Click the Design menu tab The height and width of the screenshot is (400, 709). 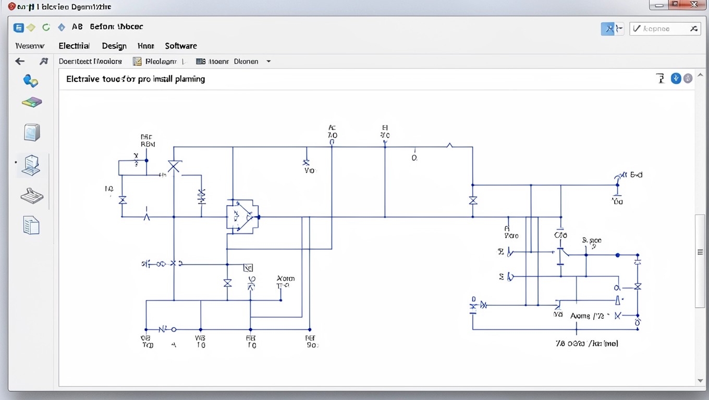coord(114,46)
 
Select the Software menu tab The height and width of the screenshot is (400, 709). coord(180,46)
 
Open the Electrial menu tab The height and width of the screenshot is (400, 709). coord(74,46)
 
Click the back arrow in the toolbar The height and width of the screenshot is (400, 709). coord(20,61)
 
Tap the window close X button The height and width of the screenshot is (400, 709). coord(693,5)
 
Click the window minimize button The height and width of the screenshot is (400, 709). coord(659,5)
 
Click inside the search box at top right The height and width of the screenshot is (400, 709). coord(659,29)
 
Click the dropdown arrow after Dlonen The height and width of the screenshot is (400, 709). coord(268,61)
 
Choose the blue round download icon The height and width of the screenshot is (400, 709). coord(676,79)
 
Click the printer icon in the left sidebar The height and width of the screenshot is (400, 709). coord(32,196)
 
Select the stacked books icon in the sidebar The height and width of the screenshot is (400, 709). coord(32,102)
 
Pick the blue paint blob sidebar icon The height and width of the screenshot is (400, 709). coord(31,81)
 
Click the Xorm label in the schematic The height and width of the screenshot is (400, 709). coord(285,279)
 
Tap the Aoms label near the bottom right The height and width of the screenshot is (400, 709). coord(580,316)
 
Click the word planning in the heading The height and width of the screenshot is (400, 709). coord(190,79)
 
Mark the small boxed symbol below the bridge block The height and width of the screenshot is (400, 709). coord(248,268)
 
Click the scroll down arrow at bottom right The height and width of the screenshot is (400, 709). coord(700,381)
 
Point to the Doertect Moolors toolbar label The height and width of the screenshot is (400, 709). coord(90,61)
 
